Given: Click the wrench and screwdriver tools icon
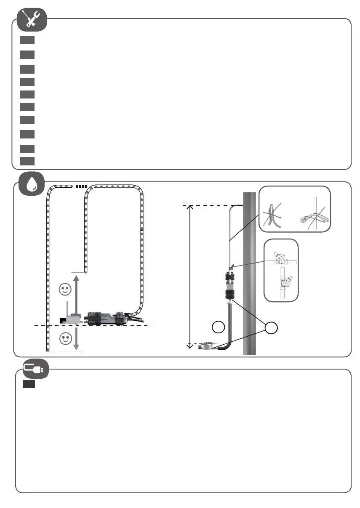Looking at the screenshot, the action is [x=32, y=20].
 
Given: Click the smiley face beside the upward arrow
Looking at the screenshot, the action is [x=65, y=290].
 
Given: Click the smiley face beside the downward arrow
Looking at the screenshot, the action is [x=65, y=338].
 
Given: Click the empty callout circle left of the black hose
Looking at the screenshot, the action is [x=218, y=327].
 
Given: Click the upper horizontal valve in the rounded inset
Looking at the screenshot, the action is [x=281, y=259].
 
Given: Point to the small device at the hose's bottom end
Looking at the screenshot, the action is [x=207, y=346].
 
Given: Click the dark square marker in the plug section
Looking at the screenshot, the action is [x=29, y=385].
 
